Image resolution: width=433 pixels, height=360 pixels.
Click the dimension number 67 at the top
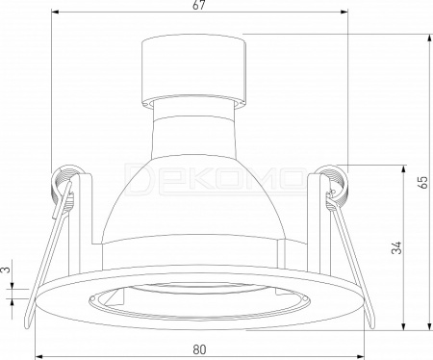coord(199,5)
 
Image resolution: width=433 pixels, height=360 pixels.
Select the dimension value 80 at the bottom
coord(199,349)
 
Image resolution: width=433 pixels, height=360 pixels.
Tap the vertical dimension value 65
coord(423,182)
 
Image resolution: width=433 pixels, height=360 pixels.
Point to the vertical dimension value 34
coord(396,247)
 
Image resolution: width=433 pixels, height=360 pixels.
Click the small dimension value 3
coord(6,270)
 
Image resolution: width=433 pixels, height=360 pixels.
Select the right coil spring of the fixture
coord(334,186)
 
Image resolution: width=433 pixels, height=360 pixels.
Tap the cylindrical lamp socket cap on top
coord(194,72)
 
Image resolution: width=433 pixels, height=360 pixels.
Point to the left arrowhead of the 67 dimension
coord(55,13)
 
